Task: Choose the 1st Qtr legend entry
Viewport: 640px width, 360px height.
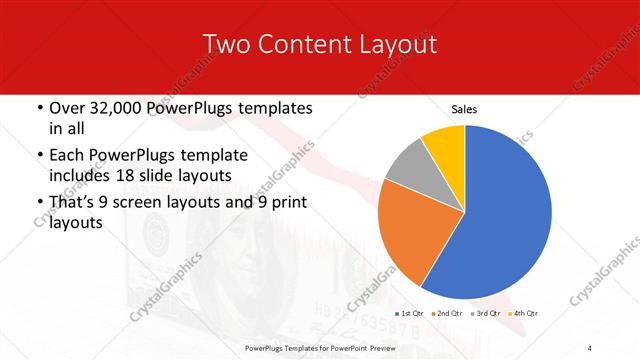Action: (411, 314)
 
